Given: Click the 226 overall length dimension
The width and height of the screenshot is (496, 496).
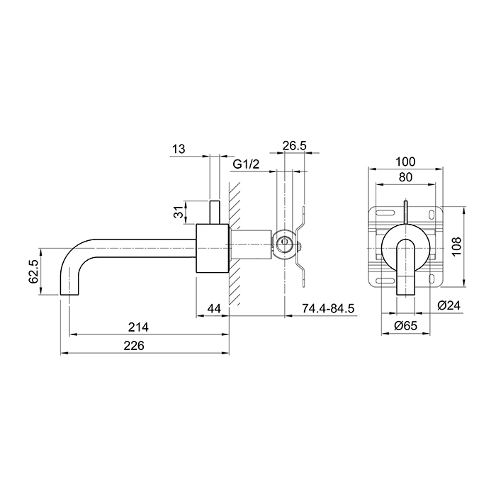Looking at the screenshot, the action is pyautogui.click(x=134, y=346).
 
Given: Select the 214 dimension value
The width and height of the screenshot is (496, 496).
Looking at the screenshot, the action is pyautogui.click(x=138, y=327).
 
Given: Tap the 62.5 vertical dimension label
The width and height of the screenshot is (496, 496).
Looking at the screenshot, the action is pyautogui.click(x=33, y=271).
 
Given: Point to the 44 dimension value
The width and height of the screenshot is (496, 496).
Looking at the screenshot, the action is pyautogui.click(x=214, y=308).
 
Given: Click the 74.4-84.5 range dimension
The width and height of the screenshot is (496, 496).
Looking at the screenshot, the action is pyautogui.click(x=328, y=308).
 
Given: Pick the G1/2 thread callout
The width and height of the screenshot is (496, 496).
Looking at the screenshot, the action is pyautogui.click(x=246, y=164).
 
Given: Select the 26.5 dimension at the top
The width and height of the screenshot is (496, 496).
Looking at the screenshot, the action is pyautogui.click(x=295, y=146).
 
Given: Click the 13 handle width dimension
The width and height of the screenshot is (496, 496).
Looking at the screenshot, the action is pyautogui.click(x=179, y=149).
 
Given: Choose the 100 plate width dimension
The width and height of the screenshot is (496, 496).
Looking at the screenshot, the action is pyautogui.click(x=405, y=162).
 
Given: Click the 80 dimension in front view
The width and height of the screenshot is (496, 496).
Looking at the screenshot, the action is pyautogui.click(x=405, y=177).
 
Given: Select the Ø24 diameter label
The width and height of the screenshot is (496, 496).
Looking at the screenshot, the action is pyautogui.click(x=449, y=305).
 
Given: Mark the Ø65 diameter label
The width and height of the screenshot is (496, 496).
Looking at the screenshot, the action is pyautogui.click(x=406, y=325).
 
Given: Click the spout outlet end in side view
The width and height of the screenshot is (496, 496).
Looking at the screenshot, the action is pyautogui.click(x=69, y=295).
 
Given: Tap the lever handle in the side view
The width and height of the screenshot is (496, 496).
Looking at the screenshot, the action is pyautogui.click(x=215, y=213).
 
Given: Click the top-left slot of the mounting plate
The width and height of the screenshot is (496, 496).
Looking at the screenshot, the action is pyautogui.click(x=385, y=213).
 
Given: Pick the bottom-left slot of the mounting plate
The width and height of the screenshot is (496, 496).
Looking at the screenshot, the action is pyautogui.click(x=385, y=281).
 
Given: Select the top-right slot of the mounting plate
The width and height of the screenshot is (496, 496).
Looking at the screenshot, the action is pyautogui.click(x=431, y=214).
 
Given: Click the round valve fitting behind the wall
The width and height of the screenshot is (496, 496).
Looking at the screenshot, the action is pyautogui.click(x=284, y=243).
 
